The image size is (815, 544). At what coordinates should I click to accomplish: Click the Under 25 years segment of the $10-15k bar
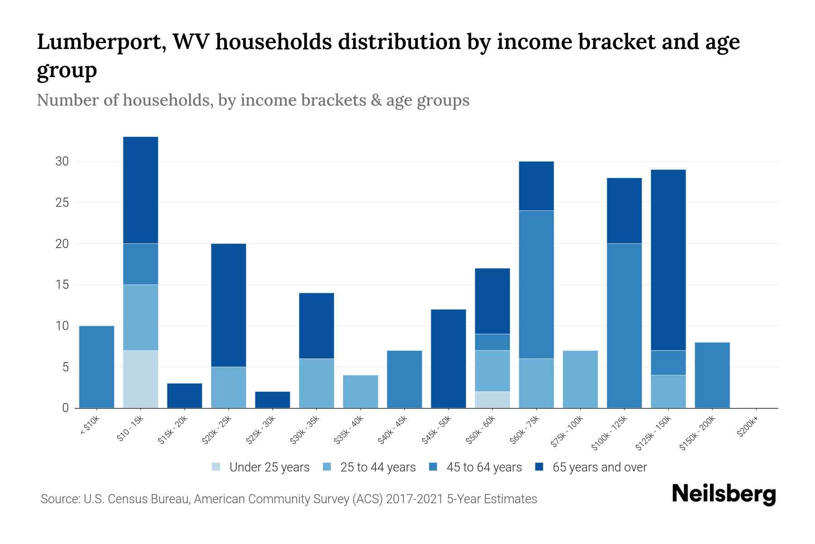[141, 379]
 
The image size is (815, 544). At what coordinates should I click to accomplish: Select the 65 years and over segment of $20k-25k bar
[229, 305]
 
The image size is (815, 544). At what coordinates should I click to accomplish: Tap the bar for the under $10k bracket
[96, 367]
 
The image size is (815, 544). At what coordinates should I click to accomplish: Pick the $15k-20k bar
[185, 395]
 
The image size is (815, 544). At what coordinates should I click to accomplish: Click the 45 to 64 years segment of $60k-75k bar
[536, 285]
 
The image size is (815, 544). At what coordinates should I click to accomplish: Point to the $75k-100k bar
[580, 379]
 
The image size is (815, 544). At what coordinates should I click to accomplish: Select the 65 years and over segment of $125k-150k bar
[668, 260]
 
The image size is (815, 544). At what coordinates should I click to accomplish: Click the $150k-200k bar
[712, 375]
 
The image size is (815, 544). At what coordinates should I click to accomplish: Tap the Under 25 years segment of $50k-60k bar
[492, 399]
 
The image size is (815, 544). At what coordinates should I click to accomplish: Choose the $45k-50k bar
[448, 359]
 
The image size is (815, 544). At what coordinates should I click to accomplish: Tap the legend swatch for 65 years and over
[539, 467]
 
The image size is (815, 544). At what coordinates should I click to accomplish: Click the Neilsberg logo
[724, 494]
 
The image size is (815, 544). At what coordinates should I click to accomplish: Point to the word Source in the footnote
[59, 499]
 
